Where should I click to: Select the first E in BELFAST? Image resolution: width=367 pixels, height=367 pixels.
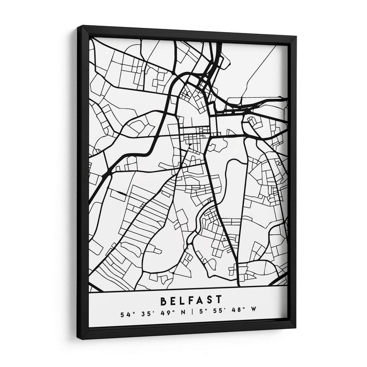pos(173,301)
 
